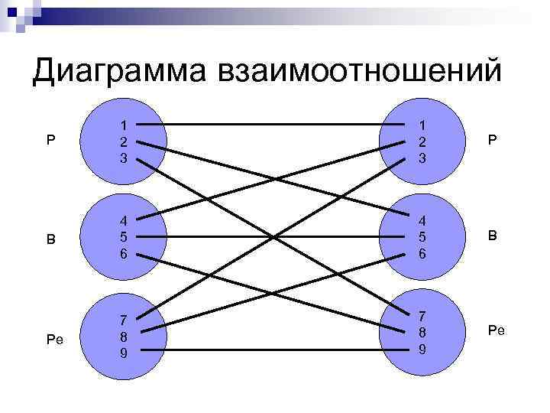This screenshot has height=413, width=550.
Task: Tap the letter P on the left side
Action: coord(51,141)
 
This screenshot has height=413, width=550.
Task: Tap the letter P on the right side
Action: coord(493,141)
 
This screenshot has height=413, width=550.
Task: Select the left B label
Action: coord(51,239)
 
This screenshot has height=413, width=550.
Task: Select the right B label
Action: coord(493,237)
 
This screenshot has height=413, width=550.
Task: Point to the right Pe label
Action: coord(496,330)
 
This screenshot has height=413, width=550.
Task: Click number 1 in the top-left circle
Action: coord(123,125)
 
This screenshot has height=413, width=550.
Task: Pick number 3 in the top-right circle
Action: coord(422,158)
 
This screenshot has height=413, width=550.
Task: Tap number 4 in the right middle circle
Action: coord(422,221)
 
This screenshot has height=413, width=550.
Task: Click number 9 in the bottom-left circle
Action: coord(123,353)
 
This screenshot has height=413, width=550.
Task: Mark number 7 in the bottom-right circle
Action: coord(422,315)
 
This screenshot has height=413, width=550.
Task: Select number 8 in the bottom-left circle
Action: coord(123,336)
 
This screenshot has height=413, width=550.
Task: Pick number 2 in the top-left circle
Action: coord(123,141)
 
